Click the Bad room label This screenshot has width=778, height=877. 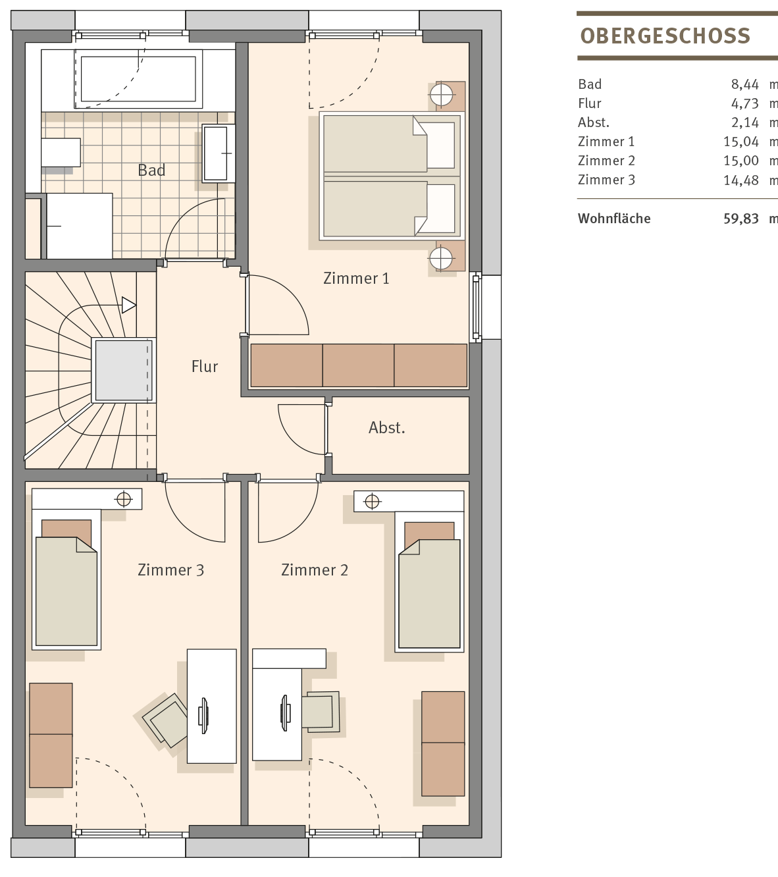click(x=151, y=170)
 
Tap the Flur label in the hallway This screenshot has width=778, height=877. click(x=205, y=367)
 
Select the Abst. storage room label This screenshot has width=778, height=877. click(x=387, y=428)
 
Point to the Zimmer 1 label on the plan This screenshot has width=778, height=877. click(x=356, y=279)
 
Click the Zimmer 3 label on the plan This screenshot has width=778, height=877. click(x=171, y=570)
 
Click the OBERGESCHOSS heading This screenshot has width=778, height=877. click(x=665, y=36)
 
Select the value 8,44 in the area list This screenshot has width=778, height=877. click(x=744, y=84)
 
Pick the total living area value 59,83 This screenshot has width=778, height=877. click(x=740, y=219)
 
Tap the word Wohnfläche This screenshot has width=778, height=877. click(x=614, y=219)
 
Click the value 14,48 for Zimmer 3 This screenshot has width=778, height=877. click(x=740, y=180)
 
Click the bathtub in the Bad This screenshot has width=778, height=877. click(x=138, y=79)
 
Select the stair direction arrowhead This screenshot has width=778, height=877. click(x=128, y=306)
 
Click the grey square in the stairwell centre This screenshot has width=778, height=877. click(x=124, y=371)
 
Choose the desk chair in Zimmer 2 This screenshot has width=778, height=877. click(x=321, y=712)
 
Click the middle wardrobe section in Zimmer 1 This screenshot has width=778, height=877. click(x=358, y=365)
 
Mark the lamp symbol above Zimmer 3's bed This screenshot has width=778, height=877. click(x=124, y=499)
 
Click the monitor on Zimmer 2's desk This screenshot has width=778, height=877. click(x=285, y=713)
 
